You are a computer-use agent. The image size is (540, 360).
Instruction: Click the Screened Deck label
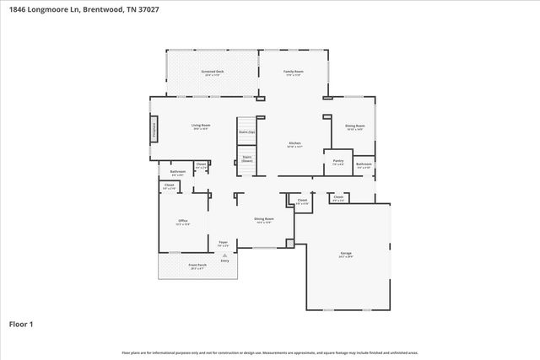[213, 73]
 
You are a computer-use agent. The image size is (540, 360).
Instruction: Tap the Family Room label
[293, 73]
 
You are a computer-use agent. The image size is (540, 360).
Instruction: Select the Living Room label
[201, 126]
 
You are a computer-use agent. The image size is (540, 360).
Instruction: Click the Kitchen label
[294, 144]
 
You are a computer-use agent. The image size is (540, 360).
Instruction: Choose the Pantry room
[337, 161]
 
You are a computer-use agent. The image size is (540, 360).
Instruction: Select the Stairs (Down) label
[247, 159]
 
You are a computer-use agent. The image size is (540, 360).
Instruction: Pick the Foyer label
[224, 243]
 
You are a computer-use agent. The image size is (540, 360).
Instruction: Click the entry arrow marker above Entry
[224, 255]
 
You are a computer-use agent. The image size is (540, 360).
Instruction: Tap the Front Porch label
[197, 266]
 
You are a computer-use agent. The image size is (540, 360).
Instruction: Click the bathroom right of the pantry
[363, 165]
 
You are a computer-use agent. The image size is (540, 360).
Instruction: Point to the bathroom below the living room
[177, 173]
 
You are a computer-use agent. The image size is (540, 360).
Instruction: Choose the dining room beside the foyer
[263, 221]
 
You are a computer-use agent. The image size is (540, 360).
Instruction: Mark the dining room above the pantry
[354, 127]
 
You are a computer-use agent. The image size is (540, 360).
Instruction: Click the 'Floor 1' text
[21, 324]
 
